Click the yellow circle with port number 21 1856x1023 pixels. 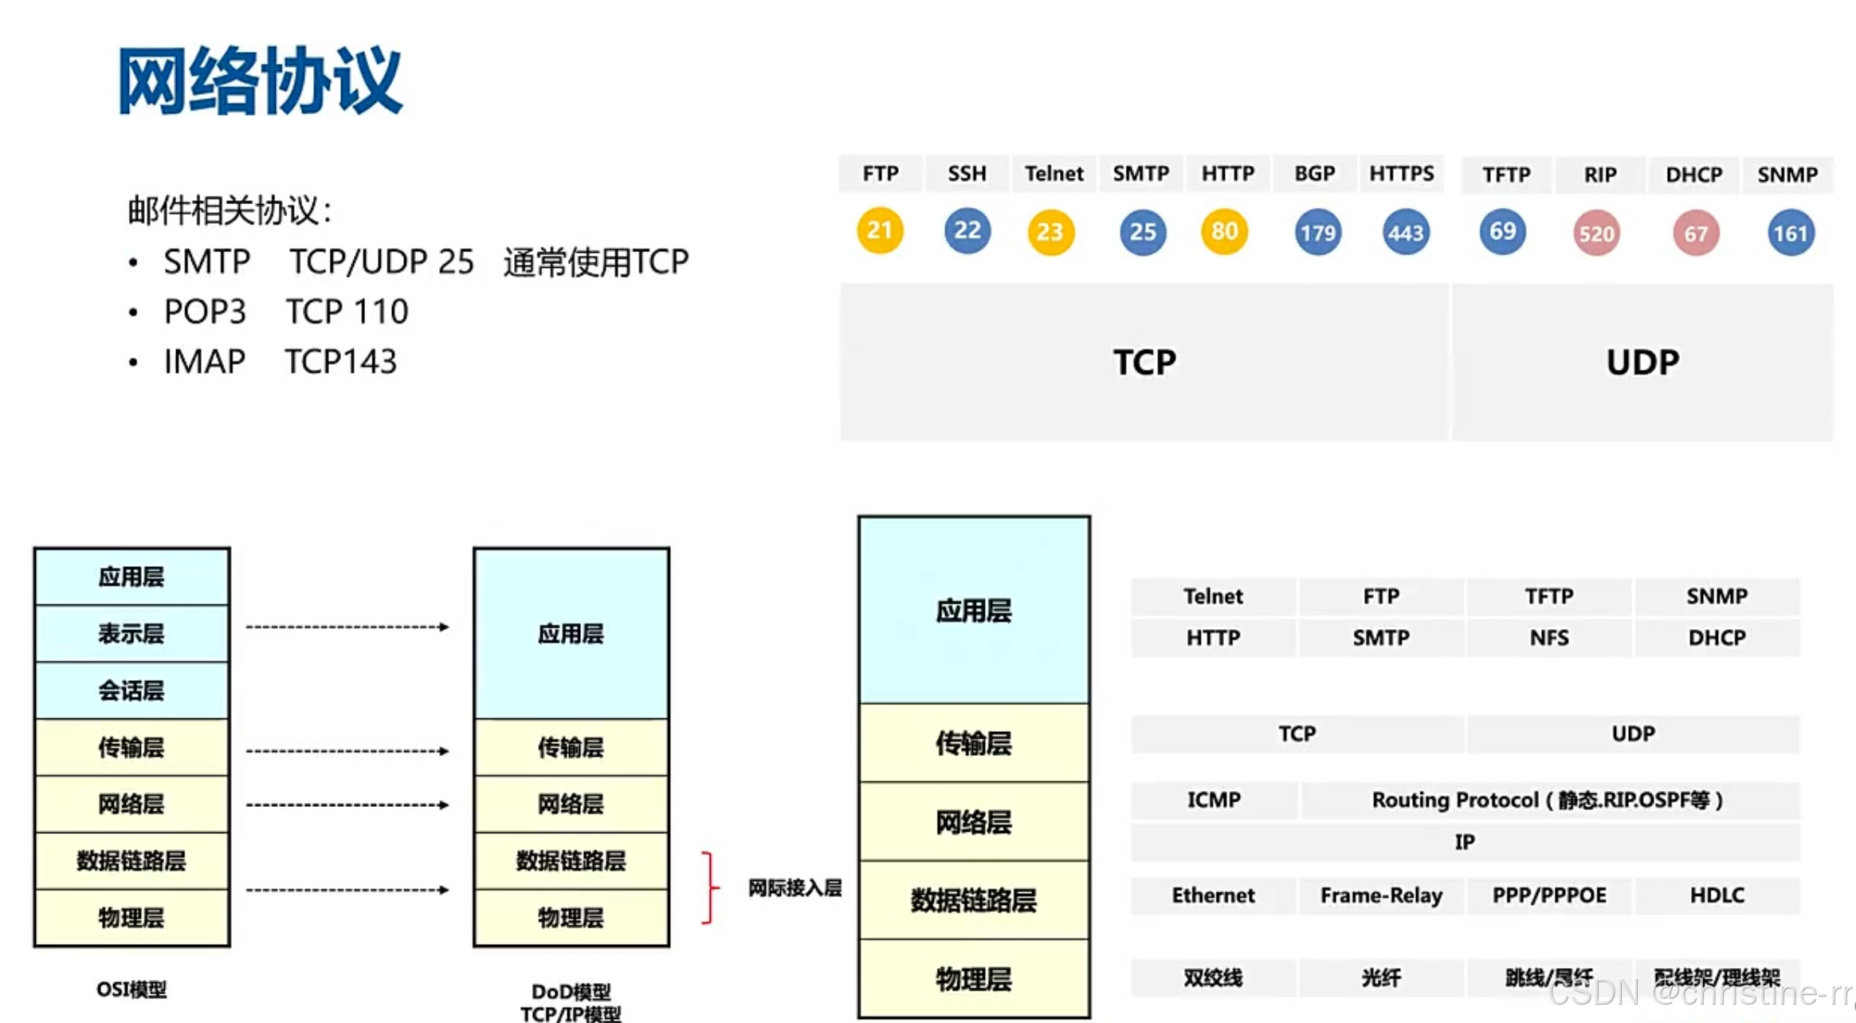point(880,231)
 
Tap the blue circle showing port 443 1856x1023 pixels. point(1405,233)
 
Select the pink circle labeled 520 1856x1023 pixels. point(1596,234)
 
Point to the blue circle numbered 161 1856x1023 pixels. point(1790,234)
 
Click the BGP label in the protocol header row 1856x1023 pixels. point(1314,174)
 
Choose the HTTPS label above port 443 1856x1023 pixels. point(1401,174)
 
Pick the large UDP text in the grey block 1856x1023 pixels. point(1642,363)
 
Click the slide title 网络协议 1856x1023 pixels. point(260,81)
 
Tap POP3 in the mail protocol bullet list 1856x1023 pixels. point(205,312)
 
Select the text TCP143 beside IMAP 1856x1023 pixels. point(340,362)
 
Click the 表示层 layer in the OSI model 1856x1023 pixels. point(131,634)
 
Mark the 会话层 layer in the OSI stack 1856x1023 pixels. point(131,691)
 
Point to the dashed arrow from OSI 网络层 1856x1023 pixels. point(347,805)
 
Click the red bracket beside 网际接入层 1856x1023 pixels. point(708,887)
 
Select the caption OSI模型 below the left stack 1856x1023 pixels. point(131,990)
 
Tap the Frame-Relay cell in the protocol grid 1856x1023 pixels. point(1381,895)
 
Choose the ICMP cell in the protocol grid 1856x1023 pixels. point(1214,800)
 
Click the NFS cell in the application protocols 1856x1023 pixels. point(1548,638)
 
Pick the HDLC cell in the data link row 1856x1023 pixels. point(1717,895)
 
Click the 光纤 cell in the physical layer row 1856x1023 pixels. point(1381,978)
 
